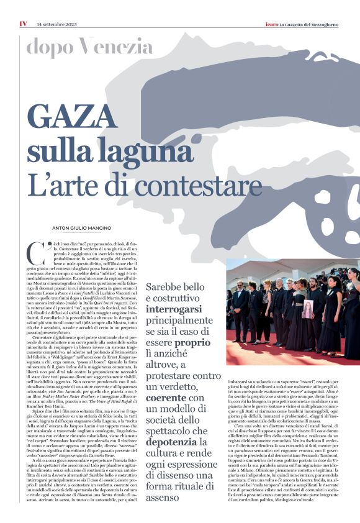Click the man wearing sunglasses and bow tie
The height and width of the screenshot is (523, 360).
[x=240, y=298]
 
